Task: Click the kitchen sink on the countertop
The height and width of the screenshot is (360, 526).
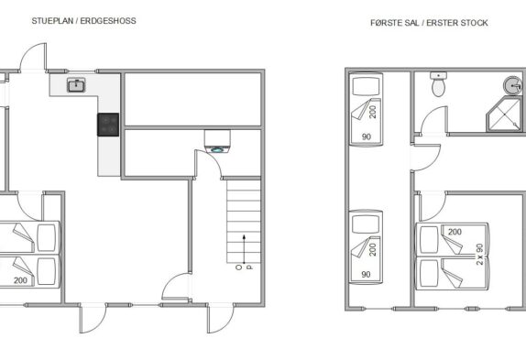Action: click(76, 85)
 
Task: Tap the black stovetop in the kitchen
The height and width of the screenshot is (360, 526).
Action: click(108, 125)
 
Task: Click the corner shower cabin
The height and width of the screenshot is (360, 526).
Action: click(505, 115)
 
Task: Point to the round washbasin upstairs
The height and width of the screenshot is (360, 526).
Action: click(513, 85)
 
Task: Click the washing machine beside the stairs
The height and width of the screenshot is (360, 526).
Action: click(217, 141)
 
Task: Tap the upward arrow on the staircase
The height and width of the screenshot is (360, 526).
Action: click(244, 249)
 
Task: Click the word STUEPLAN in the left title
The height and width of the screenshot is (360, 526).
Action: click(52, 21)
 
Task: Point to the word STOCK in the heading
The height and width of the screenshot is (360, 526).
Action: click(475, 23)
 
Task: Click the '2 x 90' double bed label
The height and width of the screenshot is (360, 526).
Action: click(479, 254)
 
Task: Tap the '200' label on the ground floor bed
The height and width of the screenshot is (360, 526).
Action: click(20, 280)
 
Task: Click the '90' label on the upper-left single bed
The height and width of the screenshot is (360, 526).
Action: click(367, 136)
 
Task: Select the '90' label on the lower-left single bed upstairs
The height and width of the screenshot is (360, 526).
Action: click(366, 274)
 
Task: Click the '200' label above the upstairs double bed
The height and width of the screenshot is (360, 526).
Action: click(455, 232)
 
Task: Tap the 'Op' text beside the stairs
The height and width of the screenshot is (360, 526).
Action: click(244, 267)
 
